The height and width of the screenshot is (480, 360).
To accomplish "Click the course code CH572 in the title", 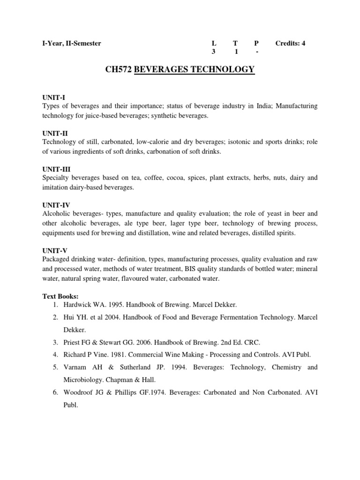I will [x=116, y=70].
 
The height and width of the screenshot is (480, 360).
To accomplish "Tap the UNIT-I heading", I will [x=53, y=98].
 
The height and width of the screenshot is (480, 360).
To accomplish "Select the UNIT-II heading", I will [x=55, y=133].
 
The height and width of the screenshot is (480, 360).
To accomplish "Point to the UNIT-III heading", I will [x=56, y=169].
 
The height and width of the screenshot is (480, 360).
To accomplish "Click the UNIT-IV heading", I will [x=56, y=204].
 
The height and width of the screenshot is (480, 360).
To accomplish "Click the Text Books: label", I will [x=60, y=296].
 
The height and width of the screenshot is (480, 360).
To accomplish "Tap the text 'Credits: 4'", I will [x=290, y=44].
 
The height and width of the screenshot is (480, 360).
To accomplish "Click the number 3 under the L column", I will [x=213, y=52].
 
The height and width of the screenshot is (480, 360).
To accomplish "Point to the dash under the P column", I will [x=257, y=52].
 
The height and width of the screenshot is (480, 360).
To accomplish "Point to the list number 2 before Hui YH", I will [x=56, y=317].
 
